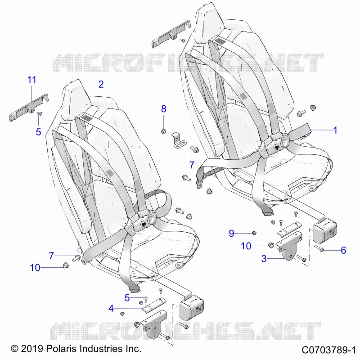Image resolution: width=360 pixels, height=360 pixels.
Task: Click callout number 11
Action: (x=31, y=80)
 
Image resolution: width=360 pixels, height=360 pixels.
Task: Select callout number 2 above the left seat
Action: (x=101, y=84)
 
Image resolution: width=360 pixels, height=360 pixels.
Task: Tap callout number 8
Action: (x=163, y=108)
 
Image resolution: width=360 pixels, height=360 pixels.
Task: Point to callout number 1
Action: (x=335, y=130)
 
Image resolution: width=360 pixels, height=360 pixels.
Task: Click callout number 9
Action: (x=231, y=233)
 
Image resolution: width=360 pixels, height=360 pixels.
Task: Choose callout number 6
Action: (x=343, y=250)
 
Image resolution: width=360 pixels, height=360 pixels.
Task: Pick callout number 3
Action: (x=264, y=258)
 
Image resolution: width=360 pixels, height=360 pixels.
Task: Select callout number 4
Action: (x=111, y=308)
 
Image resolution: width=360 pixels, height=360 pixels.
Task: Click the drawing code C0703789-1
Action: (x=329, y=350)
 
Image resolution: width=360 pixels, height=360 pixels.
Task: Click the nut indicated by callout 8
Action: (x=163, y=131)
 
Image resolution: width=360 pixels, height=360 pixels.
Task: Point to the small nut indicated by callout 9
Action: (x=254, y=233)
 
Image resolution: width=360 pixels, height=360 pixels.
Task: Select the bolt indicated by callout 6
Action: (x=319, y=248)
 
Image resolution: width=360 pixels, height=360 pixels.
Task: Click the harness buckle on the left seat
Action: (x=142, y=222)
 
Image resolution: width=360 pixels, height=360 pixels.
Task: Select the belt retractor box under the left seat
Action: (x=191, y=308)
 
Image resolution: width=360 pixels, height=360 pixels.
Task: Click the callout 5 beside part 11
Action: (x=38, y=132)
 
